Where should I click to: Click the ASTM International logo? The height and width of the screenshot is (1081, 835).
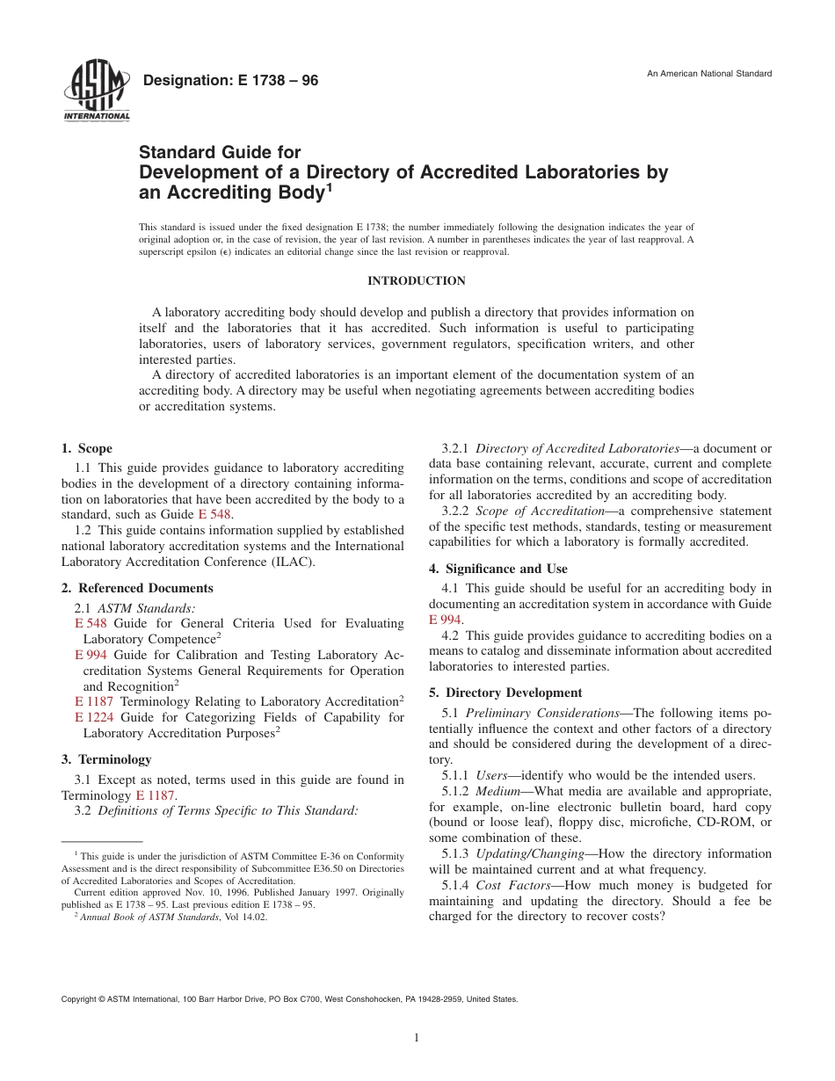pos(96,93)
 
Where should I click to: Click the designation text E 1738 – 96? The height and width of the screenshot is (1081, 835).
pos(230,81)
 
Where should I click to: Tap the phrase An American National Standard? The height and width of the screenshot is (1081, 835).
pos(709,73)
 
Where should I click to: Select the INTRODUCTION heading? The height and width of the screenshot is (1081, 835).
pos(417,281)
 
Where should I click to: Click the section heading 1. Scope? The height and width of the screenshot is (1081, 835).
pos(87,449)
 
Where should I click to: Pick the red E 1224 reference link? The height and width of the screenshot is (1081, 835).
pos(94,717)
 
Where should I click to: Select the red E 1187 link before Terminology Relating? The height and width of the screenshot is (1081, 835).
pos(94,701)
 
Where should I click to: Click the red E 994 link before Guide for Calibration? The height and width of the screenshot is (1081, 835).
pos(91,655)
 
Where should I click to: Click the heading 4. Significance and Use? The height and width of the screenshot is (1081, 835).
pos(498,569)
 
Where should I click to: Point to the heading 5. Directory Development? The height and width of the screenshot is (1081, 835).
pos(505,693)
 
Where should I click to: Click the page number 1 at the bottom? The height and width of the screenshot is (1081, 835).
pos(417,1038)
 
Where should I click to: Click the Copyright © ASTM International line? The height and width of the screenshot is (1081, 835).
pos(290,999)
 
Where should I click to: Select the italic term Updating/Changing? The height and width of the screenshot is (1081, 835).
pos(530,853)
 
